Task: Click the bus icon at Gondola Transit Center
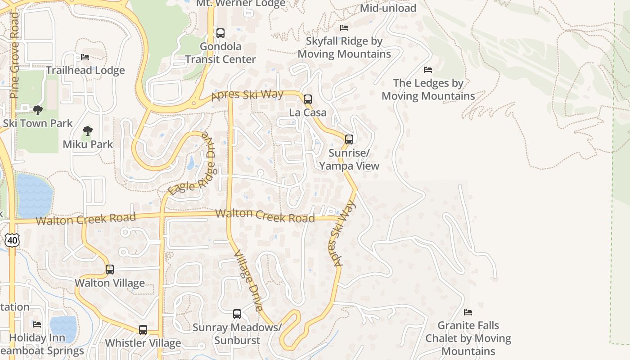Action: point(220,33)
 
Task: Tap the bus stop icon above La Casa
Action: point(308,99)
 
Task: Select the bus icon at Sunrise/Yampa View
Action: point(349,139)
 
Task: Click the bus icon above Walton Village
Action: point(110,270)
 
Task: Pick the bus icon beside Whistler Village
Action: point(143,330)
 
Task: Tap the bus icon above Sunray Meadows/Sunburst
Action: point(237,314)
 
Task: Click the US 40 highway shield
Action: point(12,240)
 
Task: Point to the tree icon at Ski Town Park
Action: point(38,110)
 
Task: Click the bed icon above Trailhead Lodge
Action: point(85,57)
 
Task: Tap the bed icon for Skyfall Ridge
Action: point(344,28)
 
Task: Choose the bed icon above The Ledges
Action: point(428,70)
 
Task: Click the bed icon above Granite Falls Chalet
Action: point(468,312)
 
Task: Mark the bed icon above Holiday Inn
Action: point(37,324)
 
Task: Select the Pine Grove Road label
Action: point(14,55)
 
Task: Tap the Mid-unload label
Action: point(388,8)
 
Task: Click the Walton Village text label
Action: point(110,283)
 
